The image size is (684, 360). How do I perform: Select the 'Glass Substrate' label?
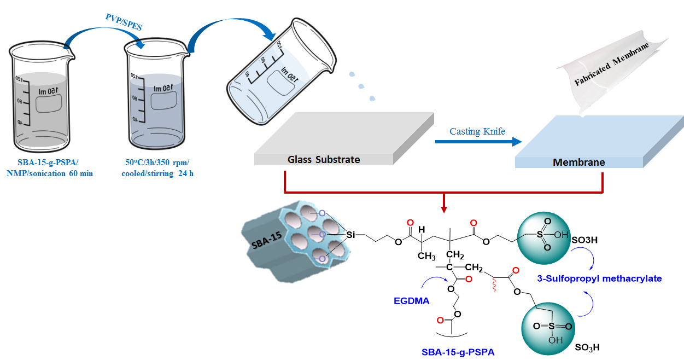(324, 160)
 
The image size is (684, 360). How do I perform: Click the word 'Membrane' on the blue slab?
(578, 162)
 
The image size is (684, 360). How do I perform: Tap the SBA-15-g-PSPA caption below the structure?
(458, 352)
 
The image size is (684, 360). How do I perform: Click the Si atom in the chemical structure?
(351, 235)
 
